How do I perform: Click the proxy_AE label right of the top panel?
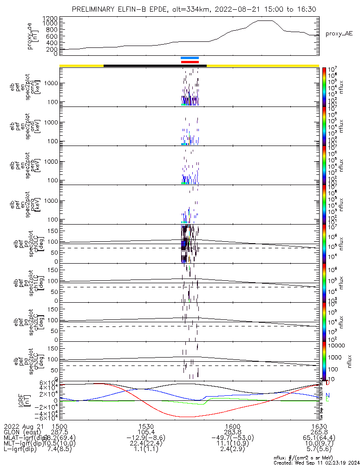tap(339, 33)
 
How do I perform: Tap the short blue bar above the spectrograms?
tap(190, 58)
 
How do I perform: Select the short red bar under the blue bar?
tap(190, 62)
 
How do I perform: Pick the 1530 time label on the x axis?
tap(146, 426)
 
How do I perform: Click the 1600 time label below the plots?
tap(232, 426)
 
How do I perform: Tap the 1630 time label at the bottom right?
tap(319, 426)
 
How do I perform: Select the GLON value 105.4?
tap(146, 432)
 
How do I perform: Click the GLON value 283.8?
tap(232, 432)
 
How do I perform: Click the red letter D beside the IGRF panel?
tap(327, 383)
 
